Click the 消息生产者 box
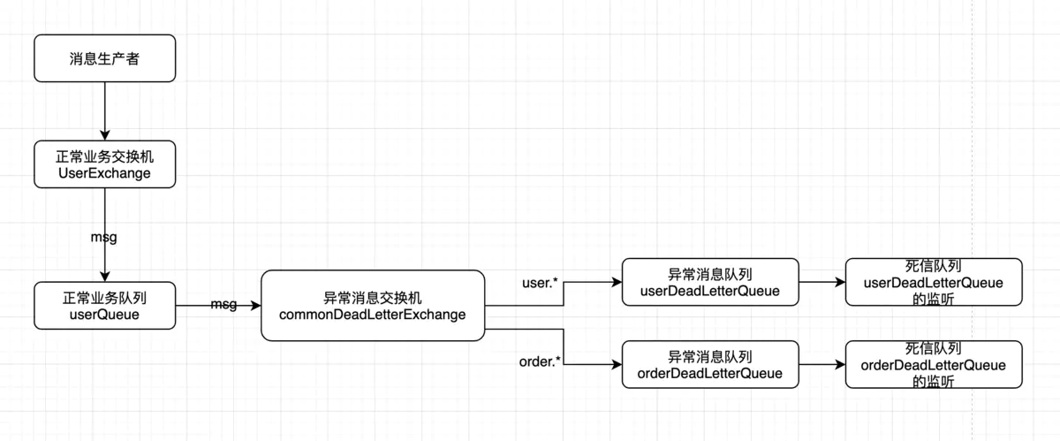point(104,59)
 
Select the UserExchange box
point(104,164)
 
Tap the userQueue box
point(104,306)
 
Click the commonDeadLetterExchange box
point(373,306)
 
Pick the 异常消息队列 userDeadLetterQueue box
point(710,283)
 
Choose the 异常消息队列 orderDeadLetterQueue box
point(710,364)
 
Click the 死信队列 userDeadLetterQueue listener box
point(933,283)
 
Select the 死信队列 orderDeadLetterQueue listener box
point(933,364)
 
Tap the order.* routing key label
point(541,361)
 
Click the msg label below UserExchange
point(104,237)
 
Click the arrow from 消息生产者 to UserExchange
point(104,110)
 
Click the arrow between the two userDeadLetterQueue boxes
point(821,283)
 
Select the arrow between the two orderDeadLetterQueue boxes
point(821,364)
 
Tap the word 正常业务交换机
point(104,156)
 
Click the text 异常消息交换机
point(373,298)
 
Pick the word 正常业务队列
point(104,298)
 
